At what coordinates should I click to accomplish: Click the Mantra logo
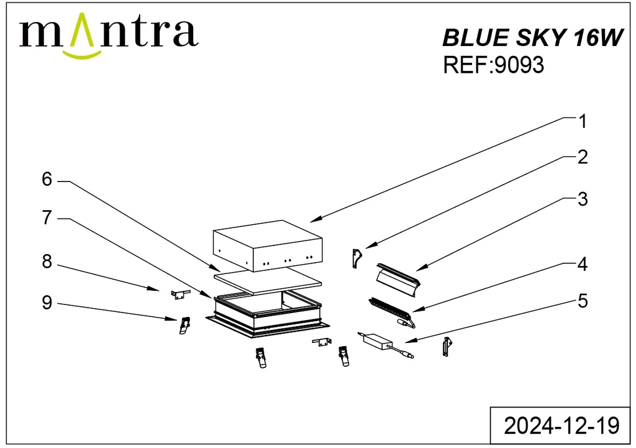pyautogui.click(x=109, y=35)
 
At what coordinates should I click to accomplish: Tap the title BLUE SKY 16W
pyautogui.click(x=532, y=38)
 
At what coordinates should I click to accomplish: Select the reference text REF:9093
pyautogui.click(x=493, y=65)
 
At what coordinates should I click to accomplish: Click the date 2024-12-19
pyautogui.click(x=561, y=426)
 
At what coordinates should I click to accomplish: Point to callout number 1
pyautogui.click(x=583, y=122)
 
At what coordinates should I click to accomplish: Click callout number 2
pyautogui.click(x=583, y=157)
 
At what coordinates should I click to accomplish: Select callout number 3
pyautogui.click(x=583, y=199)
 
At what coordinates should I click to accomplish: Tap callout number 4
pyautogui.click(x=583, y=264)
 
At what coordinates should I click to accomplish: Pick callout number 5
pyautogui.click(x=583, y=301)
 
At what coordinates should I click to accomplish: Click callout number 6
pyautogui.click(x=47, y=180)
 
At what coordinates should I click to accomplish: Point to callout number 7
pyautogui.click(x=47, y=218)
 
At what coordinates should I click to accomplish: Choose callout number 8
pyautogui.click(x=47, y=262)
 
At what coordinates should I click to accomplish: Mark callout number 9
pyautogui.click(x=47, y=303)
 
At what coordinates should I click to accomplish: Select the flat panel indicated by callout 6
pyautogui.click(x=268, y=281)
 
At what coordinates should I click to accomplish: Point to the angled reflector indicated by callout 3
pyautogui.click(x=398, y=279)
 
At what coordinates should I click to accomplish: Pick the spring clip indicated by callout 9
pyautogui.click(x=185, y=326)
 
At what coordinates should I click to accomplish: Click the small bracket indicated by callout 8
pyautogui.click(x=179, y=295)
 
